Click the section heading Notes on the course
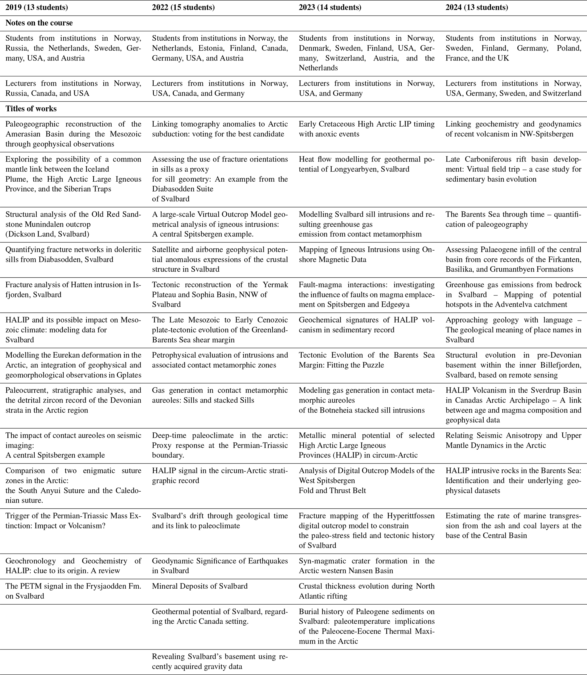(39, 23)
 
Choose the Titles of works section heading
(31, 109)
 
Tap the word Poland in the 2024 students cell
(569, 49)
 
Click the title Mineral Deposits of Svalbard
(200, 586)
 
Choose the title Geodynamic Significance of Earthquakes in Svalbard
(220, 566)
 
